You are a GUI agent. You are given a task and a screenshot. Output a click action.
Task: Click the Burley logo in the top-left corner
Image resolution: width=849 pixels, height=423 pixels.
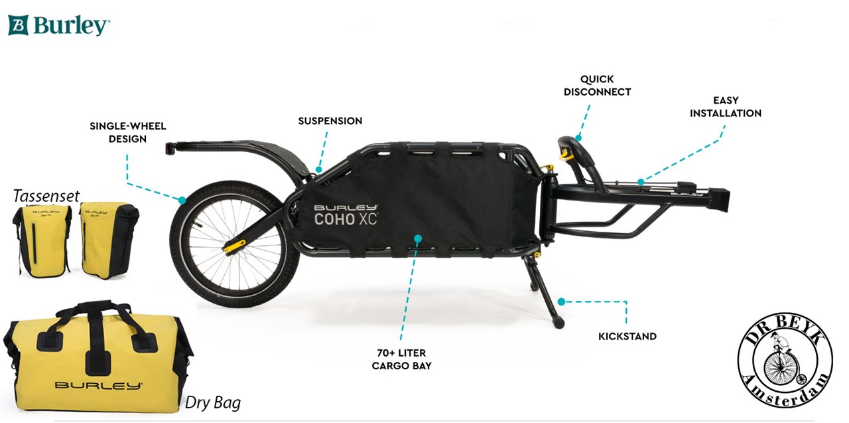click(59, 25)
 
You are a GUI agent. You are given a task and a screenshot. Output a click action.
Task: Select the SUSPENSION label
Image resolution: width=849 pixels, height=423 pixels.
click(330, 121)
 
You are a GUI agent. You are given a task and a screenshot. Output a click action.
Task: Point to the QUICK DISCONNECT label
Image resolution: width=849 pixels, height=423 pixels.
click(597, 86)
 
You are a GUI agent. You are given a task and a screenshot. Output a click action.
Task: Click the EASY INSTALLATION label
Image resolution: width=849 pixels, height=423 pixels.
click(725, 107)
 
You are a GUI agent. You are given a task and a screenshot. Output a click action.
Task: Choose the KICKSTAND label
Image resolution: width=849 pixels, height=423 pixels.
click(627, 337)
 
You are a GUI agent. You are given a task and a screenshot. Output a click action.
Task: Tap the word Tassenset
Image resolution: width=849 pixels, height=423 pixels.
click(46, 195)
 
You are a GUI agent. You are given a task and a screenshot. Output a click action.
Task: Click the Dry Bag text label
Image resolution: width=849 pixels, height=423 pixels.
click(212, 402)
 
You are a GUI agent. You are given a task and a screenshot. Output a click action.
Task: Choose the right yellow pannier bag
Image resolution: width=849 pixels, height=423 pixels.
click(108, 239)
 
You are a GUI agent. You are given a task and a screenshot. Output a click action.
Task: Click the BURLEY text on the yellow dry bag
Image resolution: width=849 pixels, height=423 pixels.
click(98, 385)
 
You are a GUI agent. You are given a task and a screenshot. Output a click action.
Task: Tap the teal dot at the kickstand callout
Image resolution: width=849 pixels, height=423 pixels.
click(561, 301)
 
